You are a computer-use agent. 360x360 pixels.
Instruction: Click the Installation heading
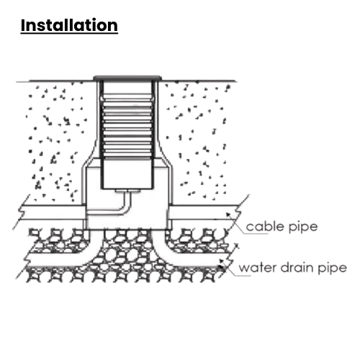tap(69, 25)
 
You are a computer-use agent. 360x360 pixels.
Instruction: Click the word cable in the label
tap(265, 226)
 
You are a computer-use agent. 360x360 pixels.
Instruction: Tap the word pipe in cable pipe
tap(303, 227)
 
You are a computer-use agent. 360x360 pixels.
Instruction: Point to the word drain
tap(297, 267)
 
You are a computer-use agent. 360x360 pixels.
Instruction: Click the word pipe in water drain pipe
tap(333, 269)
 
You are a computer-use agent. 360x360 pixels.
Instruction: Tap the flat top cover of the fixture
tap(127, 78)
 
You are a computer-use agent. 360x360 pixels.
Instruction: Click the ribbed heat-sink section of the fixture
tap(127, 127)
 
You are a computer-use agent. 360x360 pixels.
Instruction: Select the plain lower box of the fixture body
tap(127, 174)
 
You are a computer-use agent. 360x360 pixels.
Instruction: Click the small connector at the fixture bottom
tap(127, 191)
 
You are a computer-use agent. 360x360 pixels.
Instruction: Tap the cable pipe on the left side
tap(53, 212)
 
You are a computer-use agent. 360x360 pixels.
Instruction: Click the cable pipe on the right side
tap(204, 212)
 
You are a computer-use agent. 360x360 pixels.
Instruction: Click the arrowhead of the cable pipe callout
tap(228, 215)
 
